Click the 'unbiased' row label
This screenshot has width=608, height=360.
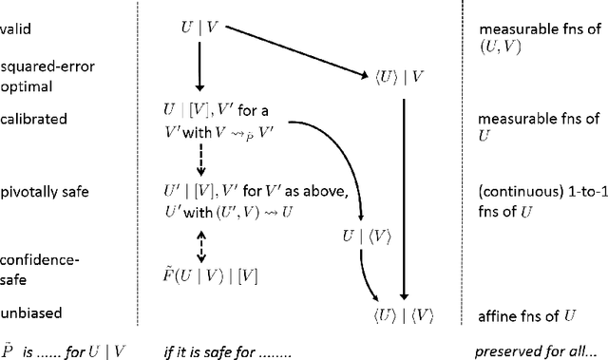27,312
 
